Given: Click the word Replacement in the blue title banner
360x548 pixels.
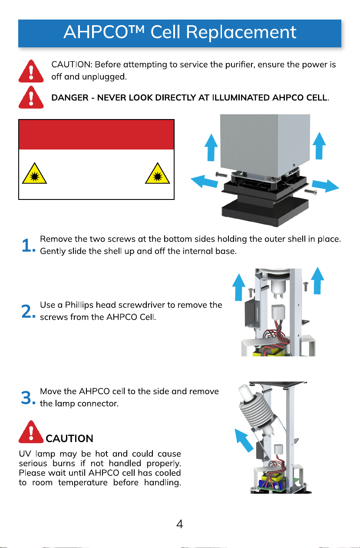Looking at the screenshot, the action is pyautogui.click(x=241, y=32).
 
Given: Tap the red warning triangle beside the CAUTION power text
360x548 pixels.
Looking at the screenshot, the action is pyautogui.click(x=31, y=71).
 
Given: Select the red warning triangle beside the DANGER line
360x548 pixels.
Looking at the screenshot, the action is pyautogui.click(x=31, y=97).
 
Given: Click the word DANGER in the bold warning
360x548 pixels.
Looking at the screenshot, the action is pyautogui.click(x=69, y=98).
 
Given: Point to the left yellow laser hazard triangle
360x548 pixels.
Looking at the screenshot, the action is pyautogui.click(x=34, y=173).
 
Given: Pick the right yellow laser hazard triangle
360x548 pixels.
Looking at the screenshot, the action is pyautogui.click(x=157, y=173).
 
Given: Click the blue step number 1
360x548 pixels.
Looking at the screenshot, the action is pyautogui.click(x=28, y=245).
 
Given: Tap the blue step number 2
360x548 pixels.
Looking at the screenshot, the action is pyautogui.click(x=28, y=311).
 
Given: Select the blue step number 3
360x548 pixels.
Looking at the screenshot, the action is pyautogui.click(x=28, y=398).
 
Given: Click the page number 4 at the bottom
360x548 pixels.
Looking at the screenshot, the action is pyautogui.click(x=180, y=524).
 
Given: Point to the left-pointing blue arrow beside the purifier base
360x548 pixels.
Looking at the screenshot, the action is pyautogui.click(x=204, y=181).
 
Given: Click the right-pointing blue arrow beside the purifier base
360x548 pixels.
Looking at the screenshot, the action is pyautogui.click(x=326, y=186).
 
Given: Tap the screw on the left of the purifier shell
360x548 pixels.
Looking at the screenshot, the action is pyautogui.click(x=221, y=174).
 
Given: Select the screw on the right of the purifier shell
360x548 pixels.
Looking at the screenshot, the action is pyautogui.click(x=310, y=191).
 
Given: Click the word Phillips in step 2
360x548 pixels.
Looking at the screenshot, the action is pyautogui.click(x=79, y=306).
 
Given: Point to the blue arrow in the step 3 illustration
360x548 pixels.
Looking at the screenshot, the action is pyautogui.click(x=244, y=440).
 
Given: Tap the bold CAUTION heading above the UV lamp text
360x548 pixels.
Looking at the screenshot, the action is pyautogui.click(x=69, y=438).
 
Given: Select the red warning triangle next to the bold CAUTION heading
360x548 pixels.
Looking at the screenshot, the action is pyautogui.click(x=31, y=432).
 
